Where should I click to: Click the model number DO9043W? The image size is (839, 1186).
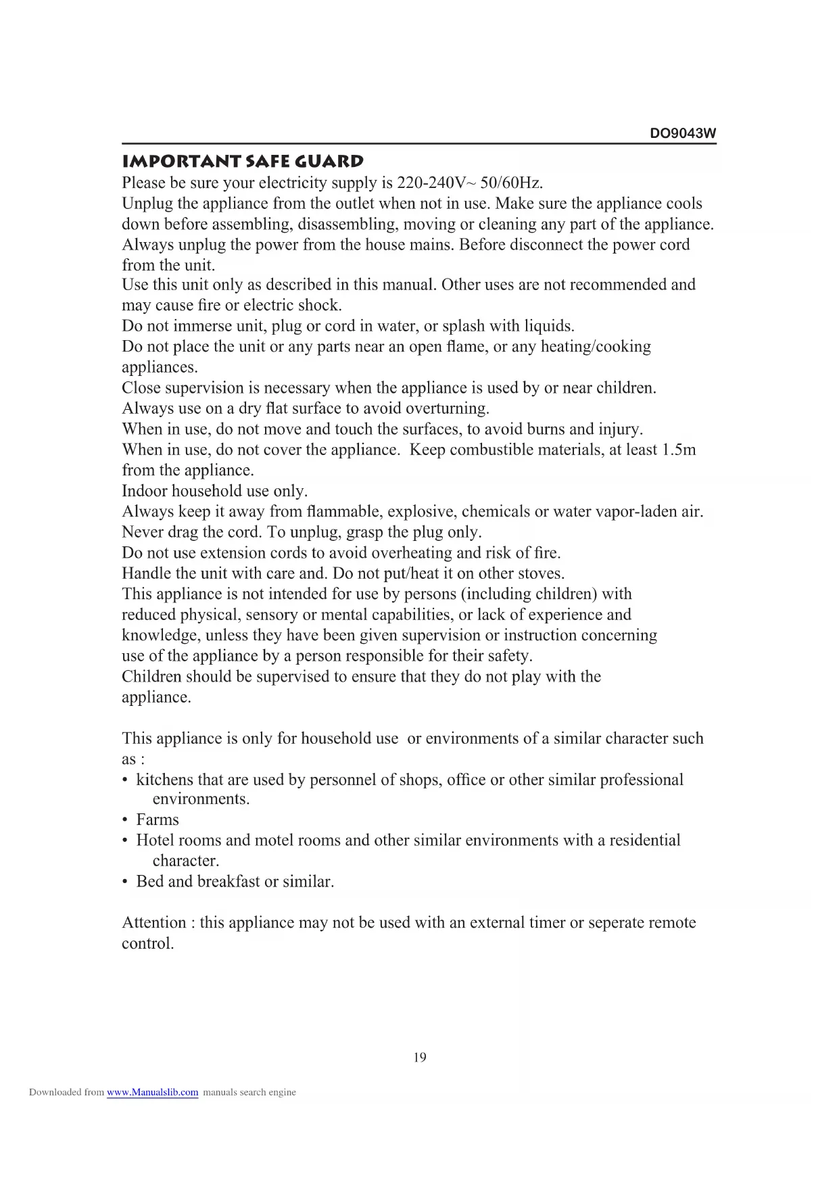[x=682, y=133]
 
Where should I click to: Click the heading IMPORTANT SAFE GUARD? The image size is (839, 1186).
[x=243, y=162]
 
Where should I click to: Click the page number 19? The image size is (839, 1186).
[x=420, y=1058]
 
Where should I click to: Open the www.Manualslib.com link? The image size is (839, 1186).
[x=152, y=1092]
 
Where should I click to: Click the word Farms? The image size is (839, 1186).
[x=158, y=820]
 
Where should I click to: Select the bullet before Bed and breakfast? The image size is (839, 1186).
[x=125, y=882]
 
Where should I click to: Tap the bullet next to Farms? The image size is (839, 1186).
[x=125, y=820]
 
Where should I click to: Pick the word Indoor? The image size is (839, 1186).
[x=144, y=491]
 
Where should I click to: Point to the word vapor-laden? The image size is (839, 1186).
[x=636, y=511]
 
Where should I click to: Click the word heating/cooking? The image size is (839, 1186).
[x=596, y=346]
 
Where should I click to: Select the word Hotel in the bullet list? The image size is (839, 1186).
[x=157, y=840]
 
